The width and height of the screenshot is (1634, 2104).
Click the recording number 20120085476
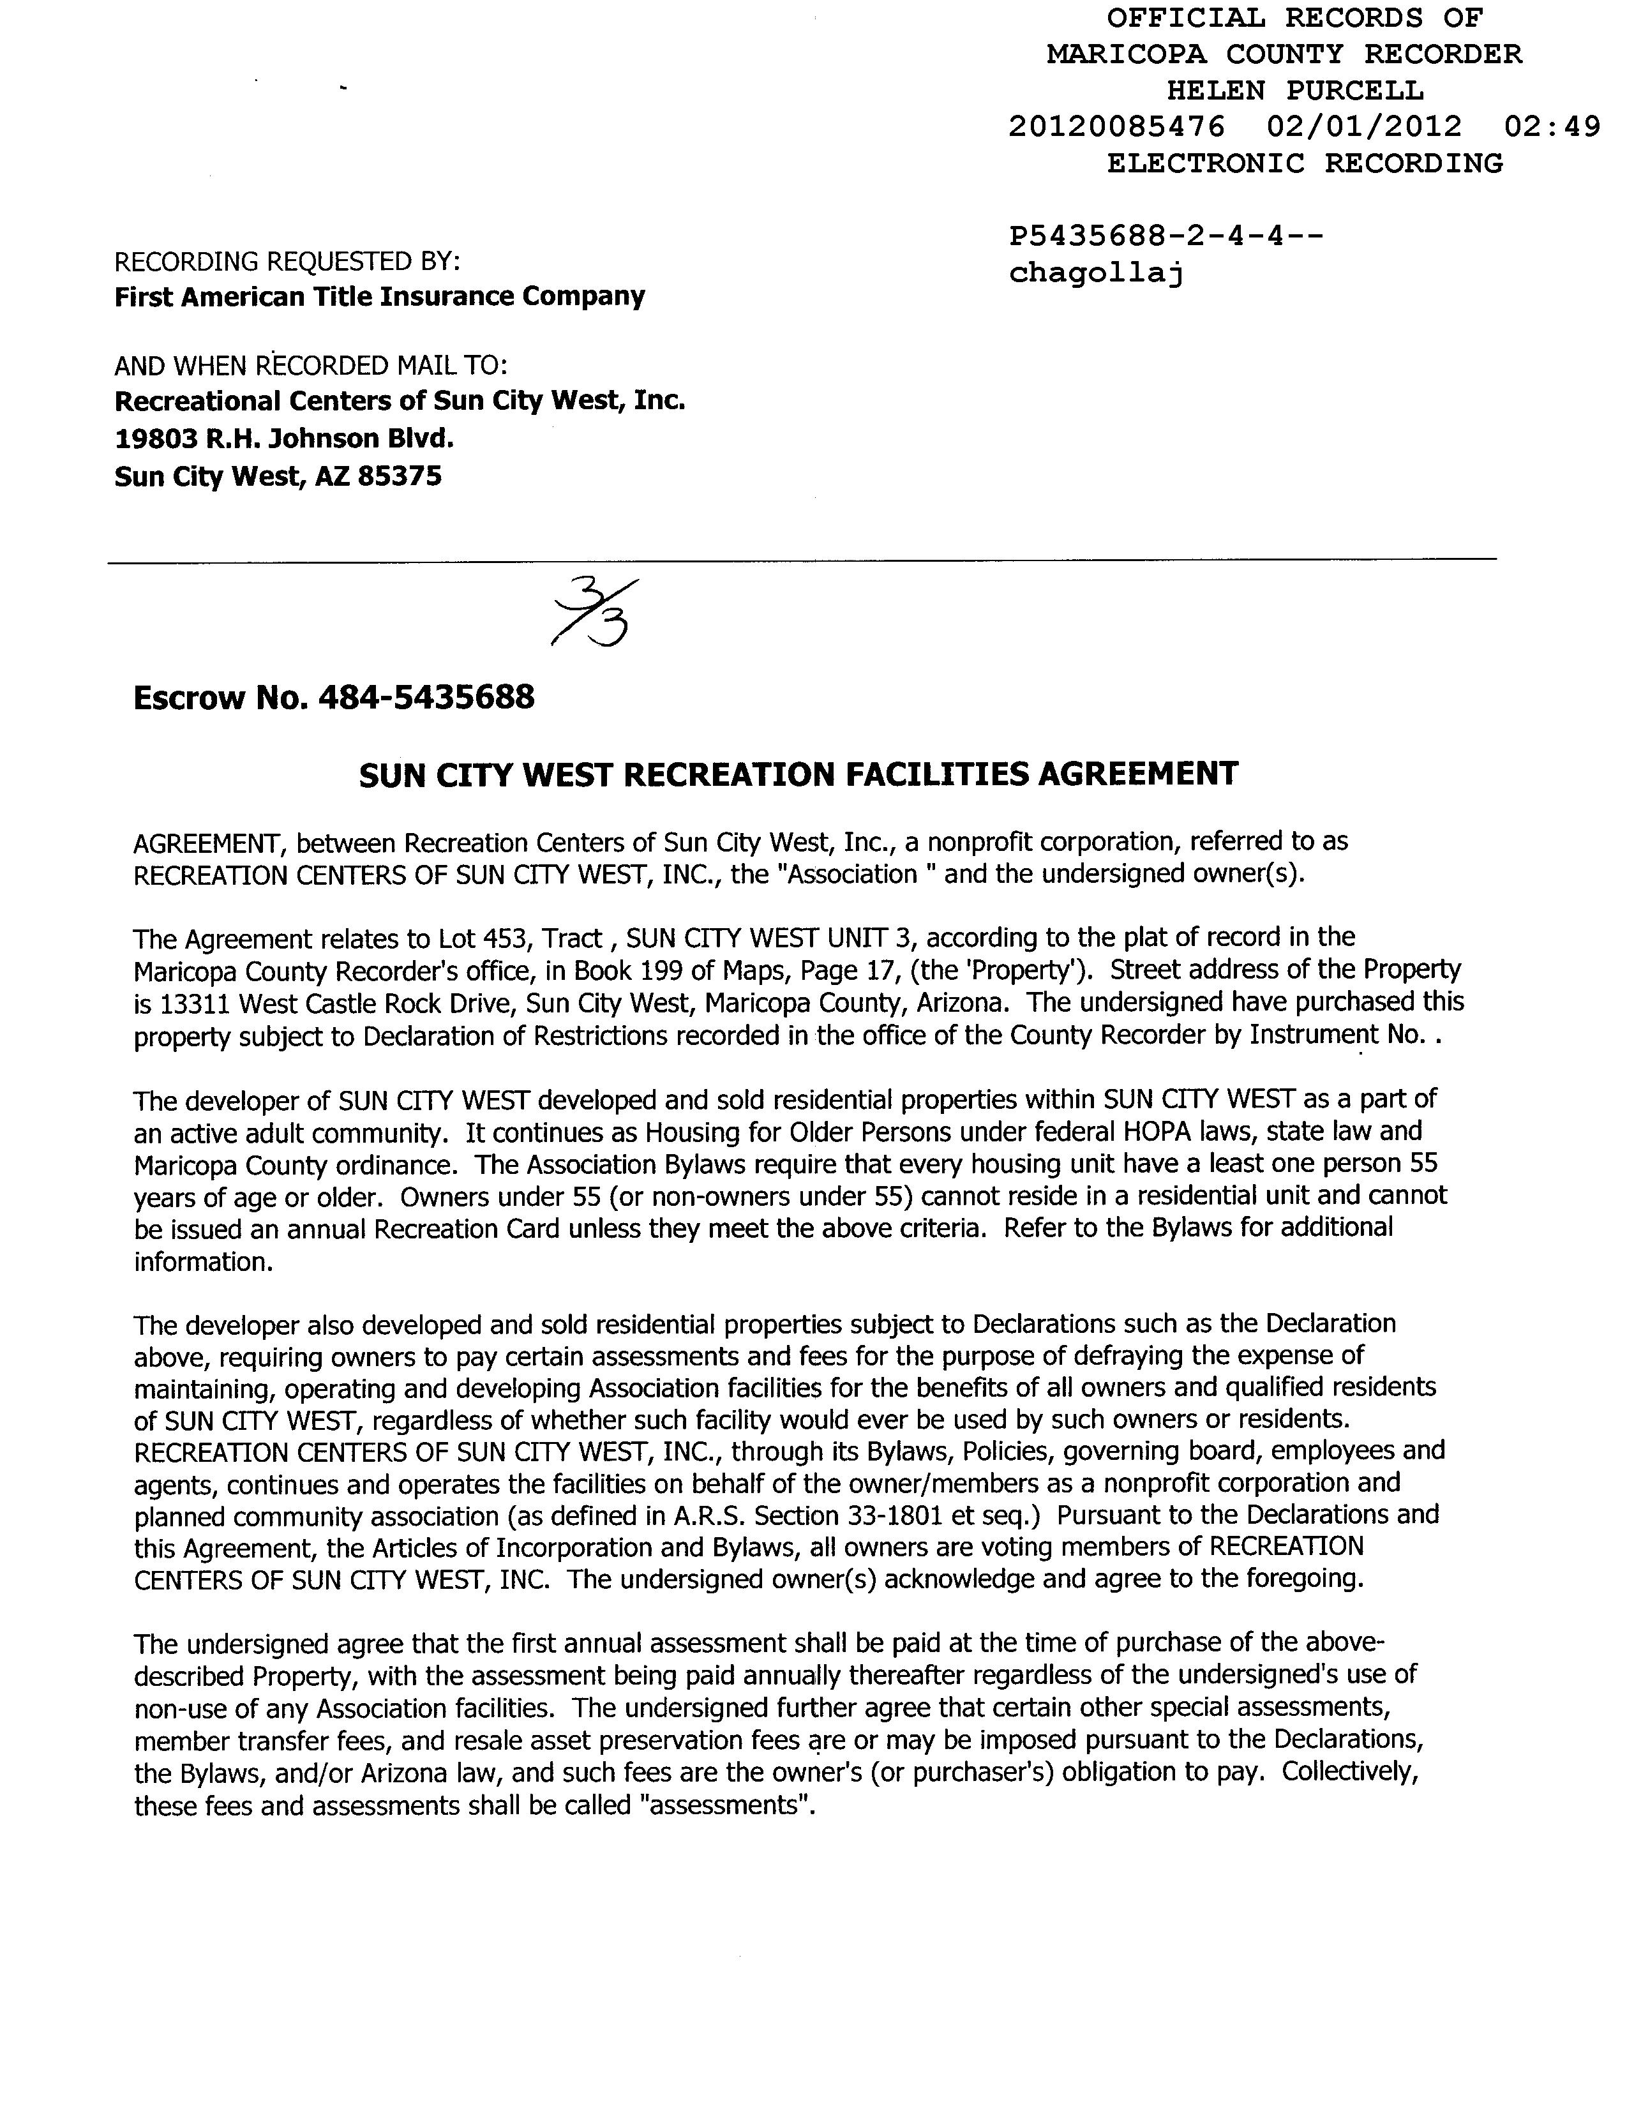pos(1116,127)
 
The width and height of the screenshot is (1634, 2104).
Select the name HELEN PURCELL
pos(1295,91)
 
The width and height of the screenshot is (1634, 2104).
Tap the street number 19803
pos(155,439)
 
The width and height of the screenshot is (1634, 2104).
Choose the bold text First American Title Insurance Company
pos(380,297)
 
